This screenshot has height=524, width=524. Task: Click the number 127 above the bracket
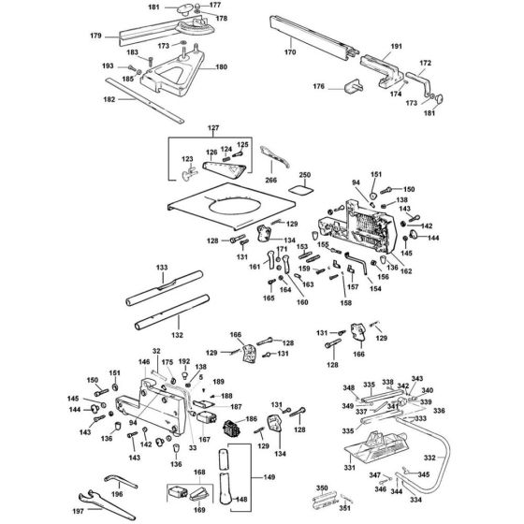[212, 127]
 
